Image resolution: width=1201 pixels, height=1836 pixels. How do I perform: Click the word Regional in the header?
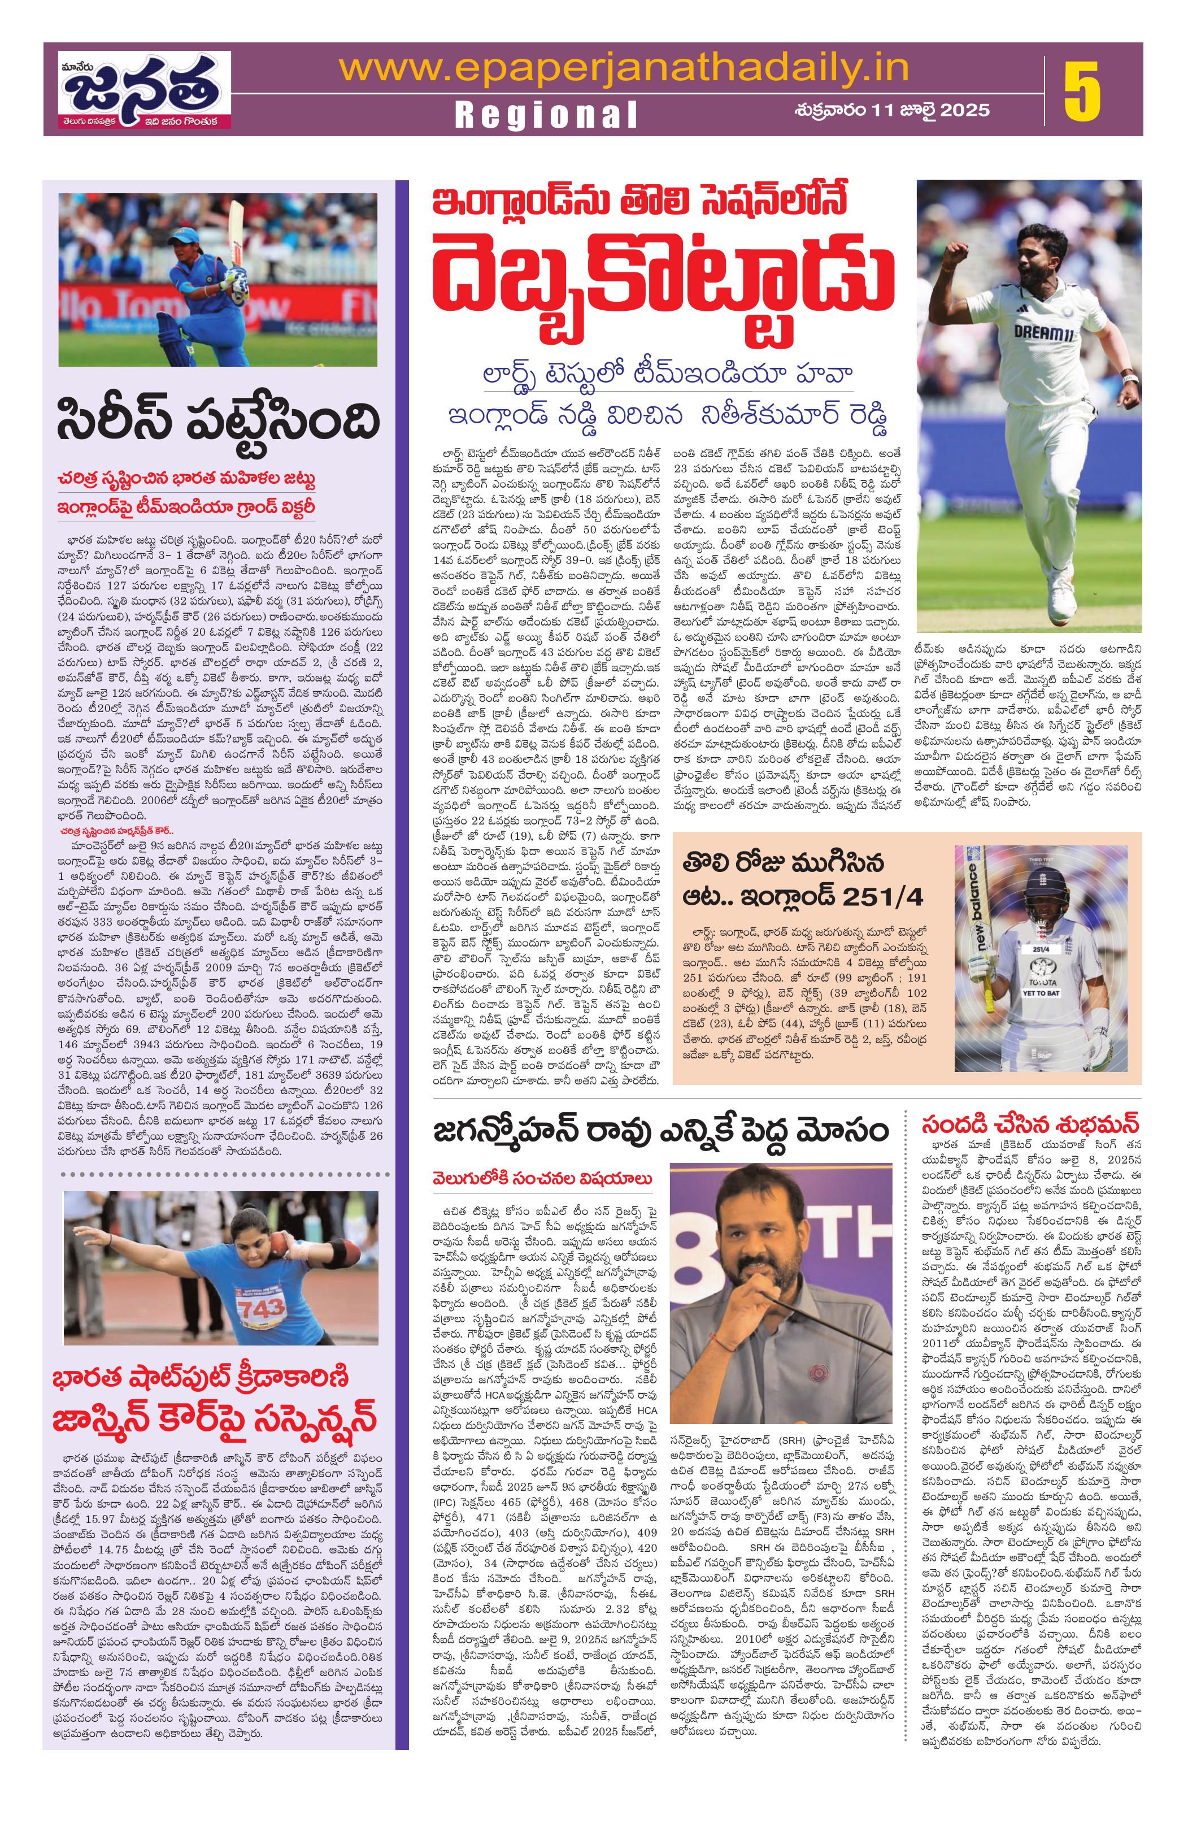point(546,114)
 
